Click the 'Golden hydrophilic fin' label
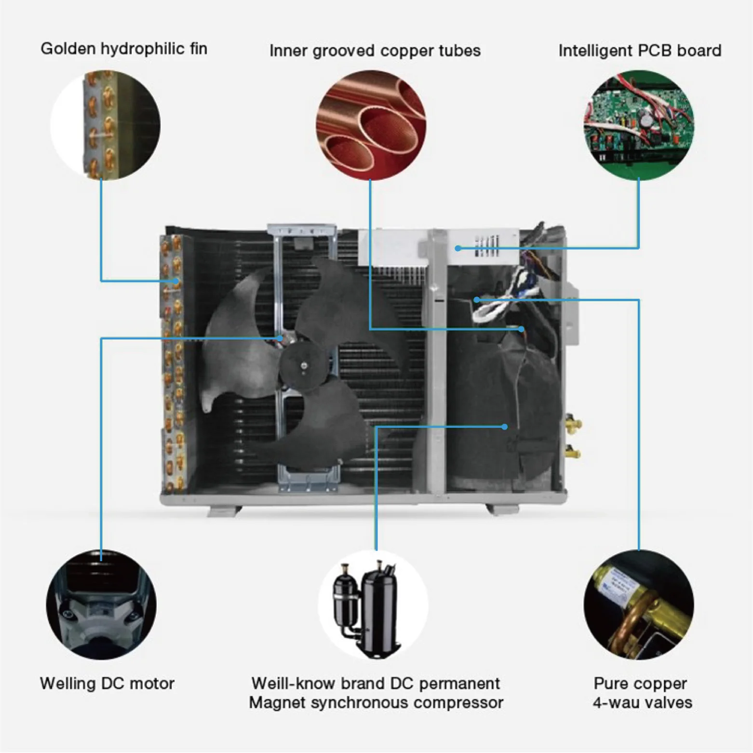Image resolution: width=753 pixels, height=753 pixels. pyautogui.click(x=124, y=49)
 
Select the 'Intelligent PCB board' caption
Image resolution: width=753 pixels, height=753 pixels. pyautogui.click(x=640, y=51)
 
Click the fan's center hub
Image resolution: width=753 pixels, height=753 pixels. pyautogui.click(x=303, y=365)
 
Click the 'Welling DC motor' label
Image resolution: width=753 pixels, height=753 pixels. pyautogui.click(x=107, y=683)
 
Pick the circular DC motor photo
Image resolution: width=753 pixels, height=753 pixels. pyautogui.click(x=101, y=605)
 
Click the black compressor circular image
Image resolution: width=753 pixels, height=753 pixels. pyautogui.click(x=373, y=605)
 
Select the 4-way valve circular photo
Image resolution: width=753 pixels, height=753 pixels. pyautogui.click(x=639, y=605)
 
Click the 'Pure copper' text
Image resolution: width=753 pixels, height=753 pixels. pyautogui.click(x=640, y=683)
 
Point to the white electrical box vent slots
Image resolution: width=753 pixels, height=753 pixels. pyautogui.click(x=487, y=246)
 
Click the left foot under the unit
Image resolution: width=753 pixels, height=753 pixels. pyautogui.click(x=224, y=511)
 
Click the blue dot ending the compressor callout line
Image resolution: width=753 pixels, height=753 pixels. pyautogui.click(x=504, y=427)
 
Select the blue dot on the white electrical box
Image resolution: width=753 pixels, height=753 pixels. pyautogui.click(x=457, y=248)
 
